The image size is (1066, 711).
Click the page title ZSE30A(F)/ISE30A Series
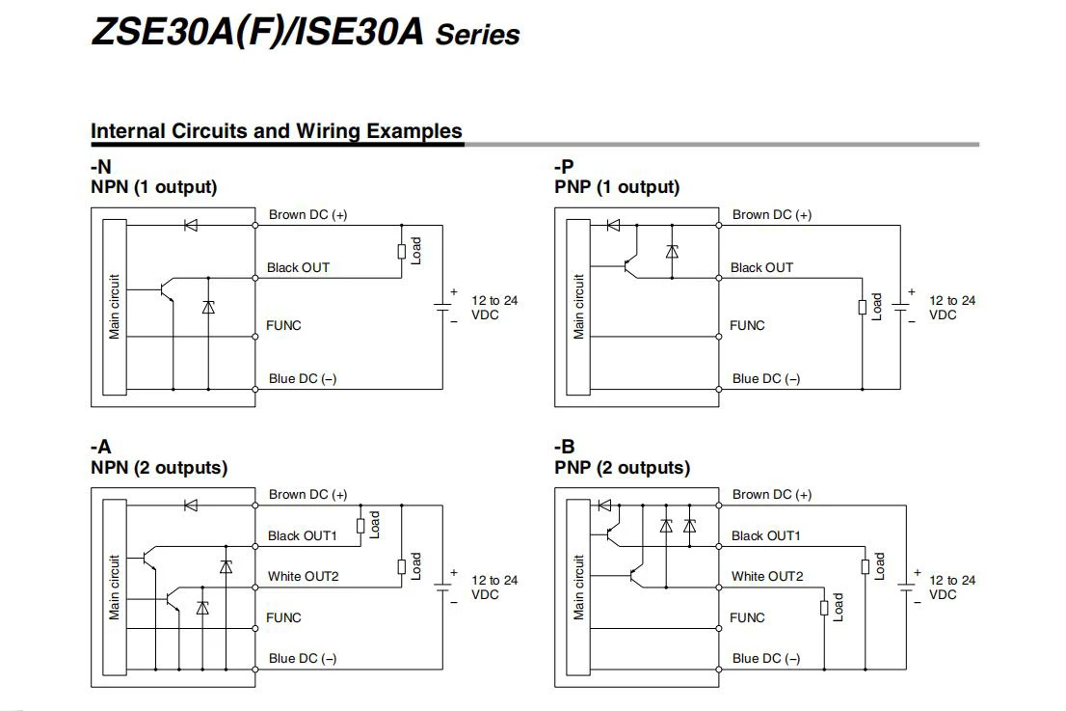tap(305, 32)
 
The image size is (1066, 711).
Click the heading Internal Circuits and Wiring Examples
tap(276, 131)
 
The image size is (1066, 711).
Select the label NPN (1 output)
tap(153, 187)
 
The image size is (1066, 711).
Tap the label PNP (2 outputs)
tap(622, 468)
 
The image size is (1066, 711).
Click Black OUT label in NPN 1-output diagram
tap(298, 267)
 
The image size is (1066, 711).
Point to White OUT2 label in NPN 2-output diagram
tap(303, 576)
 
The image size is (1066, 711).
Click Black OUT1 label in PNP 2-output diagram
tap(765, 535)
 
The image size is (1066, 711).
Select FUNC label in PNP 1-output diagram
tap(747, 325)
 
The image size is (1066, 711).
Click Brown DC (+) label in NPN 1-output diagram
tap(307, 214)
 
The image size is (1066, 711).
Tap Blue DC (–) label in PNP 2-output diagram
tap(765, 658)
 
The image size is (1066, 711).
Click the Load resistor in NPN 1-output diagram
tap(402, 252)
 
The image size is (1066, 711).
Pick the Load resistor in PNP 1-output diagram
tap(863, 307)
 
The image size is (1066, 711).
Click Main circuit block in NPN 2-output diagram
tap(115, 587)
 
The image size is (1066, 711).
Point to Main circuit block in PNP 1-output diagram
tap(578, 307)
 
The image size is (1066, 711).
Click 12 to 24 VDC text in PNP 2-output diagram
tap(951, 587)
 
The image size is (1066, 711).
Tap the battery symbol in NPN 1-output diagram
tap(443, 307)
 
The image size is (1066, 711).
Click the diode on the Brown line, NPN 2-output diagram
tap(190, 505)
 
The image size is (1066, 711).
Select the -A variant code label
tap(100, 448)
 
